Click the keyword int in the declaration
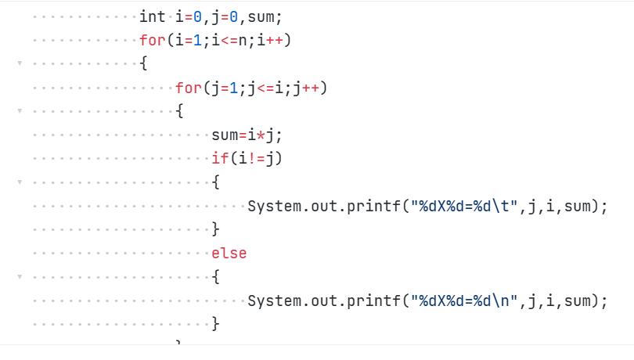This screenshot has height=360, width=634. click(x=153, y=16)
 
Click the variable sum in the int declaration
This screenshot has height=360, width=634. click(x=265, y=16)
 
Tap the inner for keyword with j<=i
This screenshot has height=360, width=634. click(x=189, y=88)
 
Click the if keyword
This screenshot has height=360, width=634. click(x=220, y=159)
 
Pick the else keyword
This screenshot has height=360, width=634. click(x=229, y=253)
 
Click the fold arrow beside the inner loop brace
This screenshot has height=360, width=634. click(x=20, y=111)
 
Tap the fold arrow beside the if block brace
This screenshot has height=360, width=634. click(x=20, y=182)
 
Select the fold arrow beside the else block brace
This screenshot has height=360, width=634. click(x=20, y=276)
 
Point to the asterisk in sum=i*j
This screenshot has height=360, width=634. click(x=261, y=135)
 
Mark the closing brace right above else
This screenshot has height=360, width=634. click(x=216, y=229)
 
